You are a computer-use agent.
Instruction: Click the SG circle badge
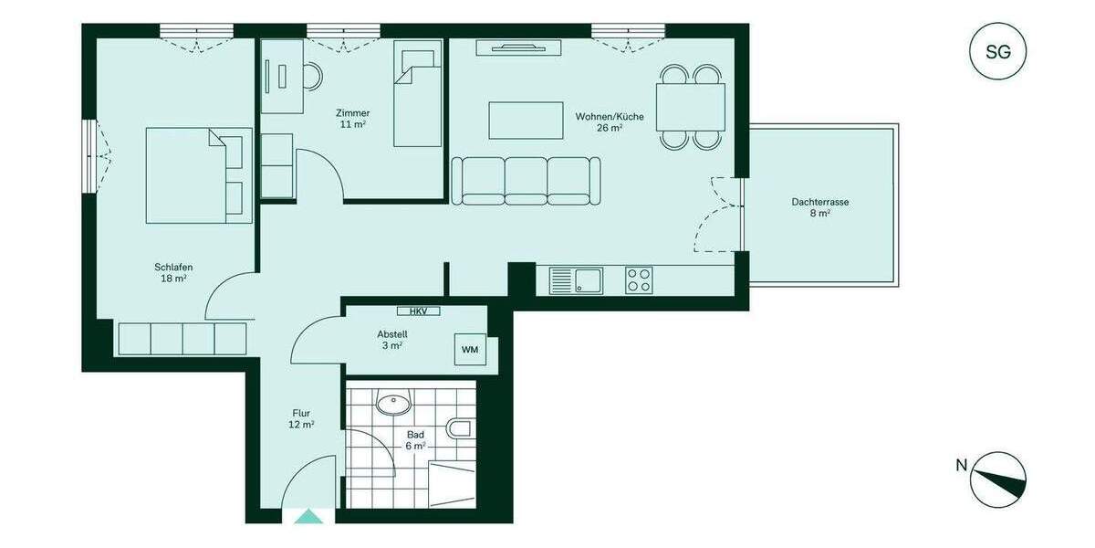point(997,52)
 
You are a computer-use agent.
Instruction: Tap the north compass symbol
point(997,480)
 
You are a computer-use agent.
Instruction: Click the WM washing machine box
point(470,349)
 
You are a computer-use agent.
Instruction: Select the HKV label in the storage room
point(418,311)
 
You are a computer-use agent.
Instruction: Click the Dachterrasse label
point(814,207)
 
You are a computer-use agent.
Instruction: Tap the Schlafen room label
point(173,272)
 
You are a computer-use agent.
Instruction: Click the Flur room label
point(302,418)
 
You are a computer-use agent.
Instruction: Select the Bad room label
point(416,440)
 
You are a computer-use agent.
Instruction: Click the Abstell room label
point(391,339)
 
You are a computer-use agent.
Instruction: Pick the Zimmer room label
point(352,118)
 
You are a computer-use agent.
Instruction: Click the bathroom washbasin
point(393,401)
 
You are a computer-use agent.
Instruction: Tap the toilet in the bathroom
point(460,428)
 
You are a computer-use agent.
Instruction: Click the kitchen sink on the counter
point(576,279)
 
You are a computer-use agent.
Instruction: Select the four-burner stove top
point(639,279)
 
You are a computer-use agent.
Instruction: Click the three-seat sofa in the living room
point(526,181)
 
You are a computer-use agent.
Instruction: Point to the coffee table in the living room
point(527,120)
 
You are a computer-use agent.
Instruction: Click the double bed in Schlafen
point(199,174)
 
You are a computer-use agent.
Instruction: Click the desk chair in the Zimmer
point(314,76)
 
